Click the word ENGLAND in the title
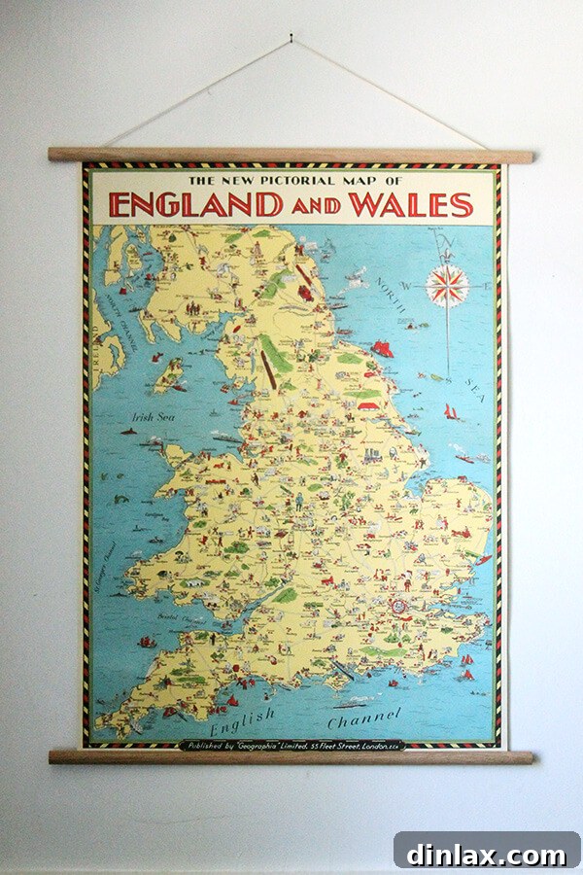coord(196,205)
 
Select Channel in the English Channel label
coord(364,720)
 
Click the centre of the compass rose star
coord(448,286)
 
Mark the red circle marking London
coord(396,605)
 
